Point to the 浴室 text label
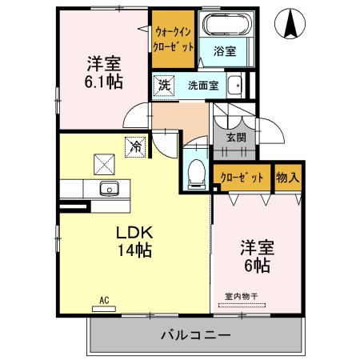(x=225, y=52)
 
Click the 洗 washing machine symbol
(x=163, y=85)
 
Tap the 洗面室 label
(x=202, y=85)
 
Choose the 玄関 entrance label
(x=236, y=138)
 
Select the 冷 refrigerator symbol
(x=136, y=147)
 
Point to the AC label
(x=104, y=300)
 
